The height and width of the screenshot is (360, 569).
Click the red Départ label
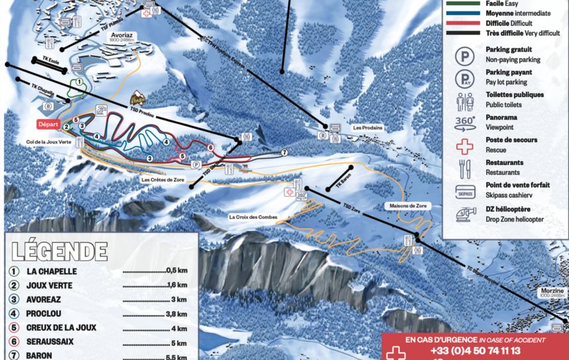[49, 124]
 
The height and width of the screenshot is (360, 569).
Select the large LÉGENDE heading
[60, 251]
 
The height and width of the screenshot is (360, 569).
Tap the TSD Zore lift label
[353, 211]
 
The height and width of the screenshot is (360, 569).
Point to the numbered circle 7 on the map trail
[284, 152]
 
